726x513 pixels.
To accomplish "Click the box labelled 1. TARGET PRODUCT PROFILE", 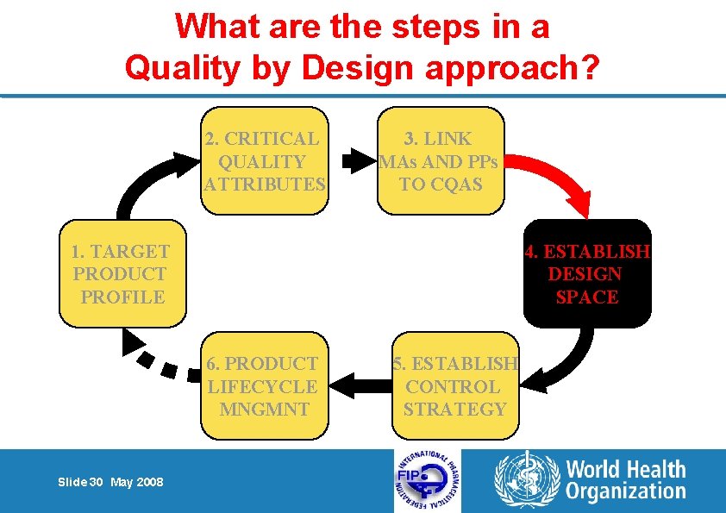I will (x=122, y=274).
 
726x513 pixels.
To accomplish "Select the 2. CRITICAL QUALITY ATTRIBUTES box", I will (x=265, y=160).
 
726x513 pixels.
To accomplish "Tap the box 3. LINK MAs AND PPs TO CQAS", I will (x=441, y=160).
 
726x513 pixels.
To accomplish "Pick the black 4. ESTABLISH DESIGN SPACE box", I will (x=587, y=274).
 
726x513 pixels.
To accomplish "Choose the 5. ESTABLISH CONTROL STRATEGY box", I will (x=455, y=386).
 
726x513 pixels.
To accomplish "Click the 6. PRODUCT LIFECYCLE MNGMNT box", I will (x=264, y=386).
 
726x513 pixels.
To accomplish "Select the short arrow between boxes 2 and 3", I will (x=354, y=160).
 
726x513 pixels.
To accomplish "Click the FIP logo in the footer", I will (x=427, y=481).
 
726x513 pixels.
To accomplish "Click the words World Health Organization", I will (x=625, y=481).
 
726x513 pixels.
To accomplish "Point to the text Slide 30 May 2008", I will (x=111, y=482).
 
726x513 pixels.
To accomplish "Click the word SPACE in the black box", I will (x=587, y=297).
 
